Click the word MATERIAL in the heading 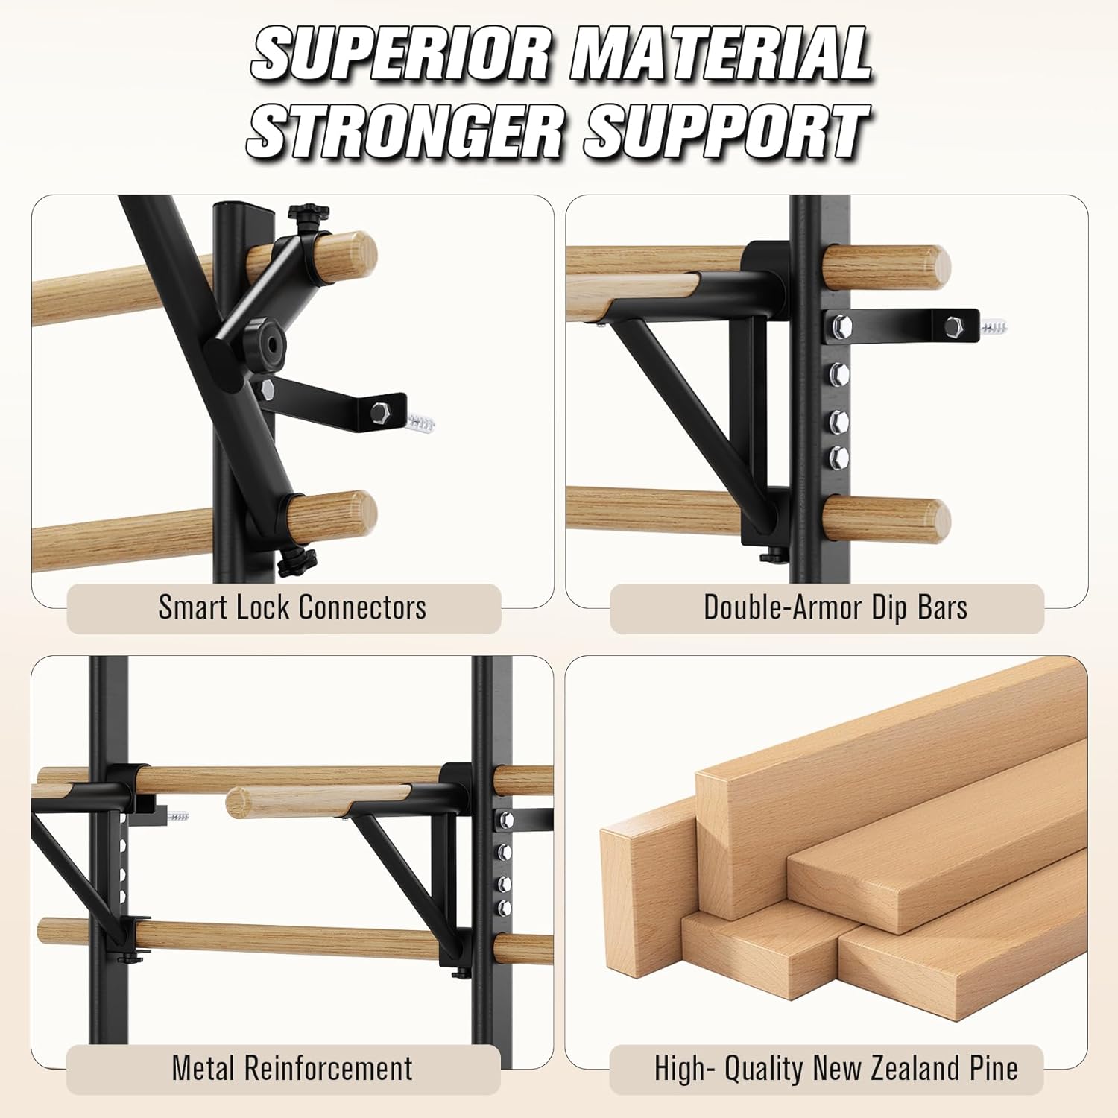(721, 54)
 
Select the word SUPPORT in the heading (726, 131)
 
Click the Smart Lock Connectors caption (292, 608)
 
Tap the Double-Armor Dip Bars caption (836, 608)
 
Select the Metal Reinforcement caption (292, 1069)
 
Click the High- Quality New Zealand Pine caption (836, 1069)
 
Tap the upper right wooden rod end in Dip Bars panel (932, 267)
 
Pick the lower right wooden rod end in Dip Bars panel (932, 519)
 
